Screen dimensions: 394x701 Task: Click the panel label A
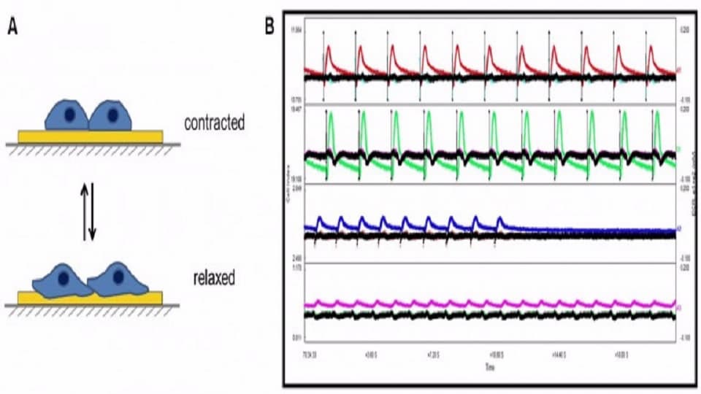coord(12,28)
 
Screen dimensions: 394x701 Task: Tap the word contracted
coord(214,123)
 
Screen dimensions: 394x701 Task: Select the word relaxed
coord(214,278)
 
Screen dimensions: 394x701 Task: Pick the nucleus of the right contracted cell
coord(112,115)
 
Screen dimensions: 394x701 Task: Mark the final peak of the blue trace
coord(500,217)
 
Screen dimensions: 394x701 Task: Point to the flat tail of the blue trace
coord(599,231)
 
